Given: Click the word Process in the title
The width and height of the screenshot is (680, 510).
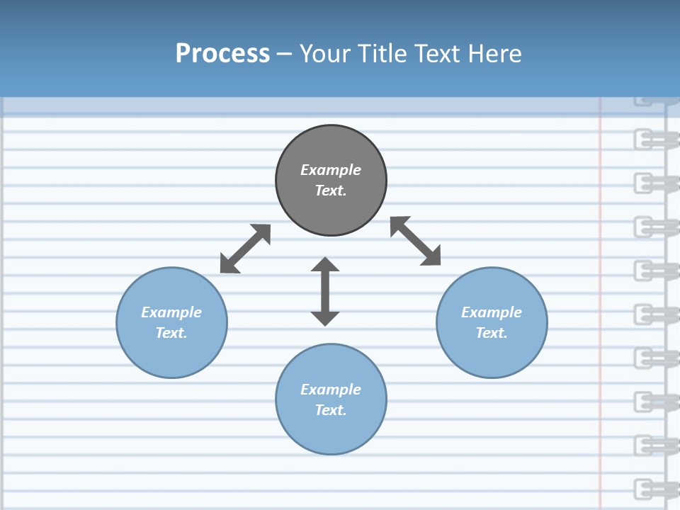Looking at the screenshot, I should (222, 54).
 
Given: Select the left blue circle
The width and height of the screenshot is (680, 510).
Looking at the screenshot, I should (171, 354).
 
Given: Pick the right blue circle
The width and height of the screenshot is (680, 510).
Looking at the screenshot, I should (492, 354).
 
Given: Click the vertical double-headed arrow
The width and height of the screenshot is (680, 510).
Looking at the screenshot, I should (325, 291).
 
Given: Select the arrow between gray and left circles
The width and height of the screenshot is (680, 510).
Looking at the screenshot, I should (245, 249).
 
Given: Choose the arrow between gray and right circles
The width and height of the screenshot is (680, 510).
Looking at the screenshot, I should (416, 241).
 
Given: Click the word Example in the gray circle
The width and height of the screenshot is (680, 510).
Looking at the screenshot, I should (331, 170).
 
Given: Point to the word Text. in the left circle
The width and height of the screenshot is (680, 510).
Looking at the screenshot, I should (171, 333).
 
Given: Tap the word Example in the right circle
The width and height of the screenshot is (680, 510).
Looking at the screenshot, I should (492, 312).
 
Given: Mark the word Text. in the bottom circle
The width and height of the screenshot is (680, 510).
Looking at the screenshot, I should (331, 410).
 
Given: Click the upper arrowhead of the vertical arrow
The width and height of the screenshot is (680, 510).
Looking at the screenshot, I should (325, 264).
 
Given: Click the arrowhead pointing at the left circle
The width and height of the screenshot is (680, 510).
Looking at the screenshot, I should (229, 264).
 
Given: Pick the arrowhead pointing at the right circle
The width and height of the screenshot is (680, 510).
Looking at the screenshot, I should (431, 256).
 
